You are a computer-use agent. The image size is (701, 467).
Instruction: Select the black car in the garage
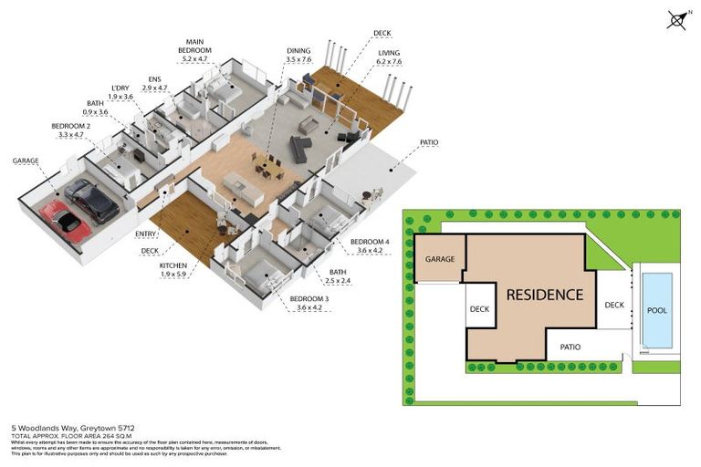tap(91, 201)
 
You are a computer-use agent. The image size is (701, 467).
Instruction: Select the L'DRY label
tap(121, 86)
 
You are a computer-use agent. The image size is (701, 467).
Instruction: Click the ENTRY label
tap(145, 233)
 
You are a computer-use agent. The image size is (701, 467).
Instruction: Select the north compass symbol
tap(676, 19)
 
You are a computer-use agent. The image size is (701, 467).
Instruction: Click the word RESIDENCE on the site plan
tap(545, 295)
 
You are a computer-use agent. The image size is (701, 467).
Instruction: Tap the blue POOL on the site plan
tap(655, 309)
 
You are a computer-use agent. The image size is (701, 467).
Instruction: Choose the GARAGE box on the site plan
tap(439, 259)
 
